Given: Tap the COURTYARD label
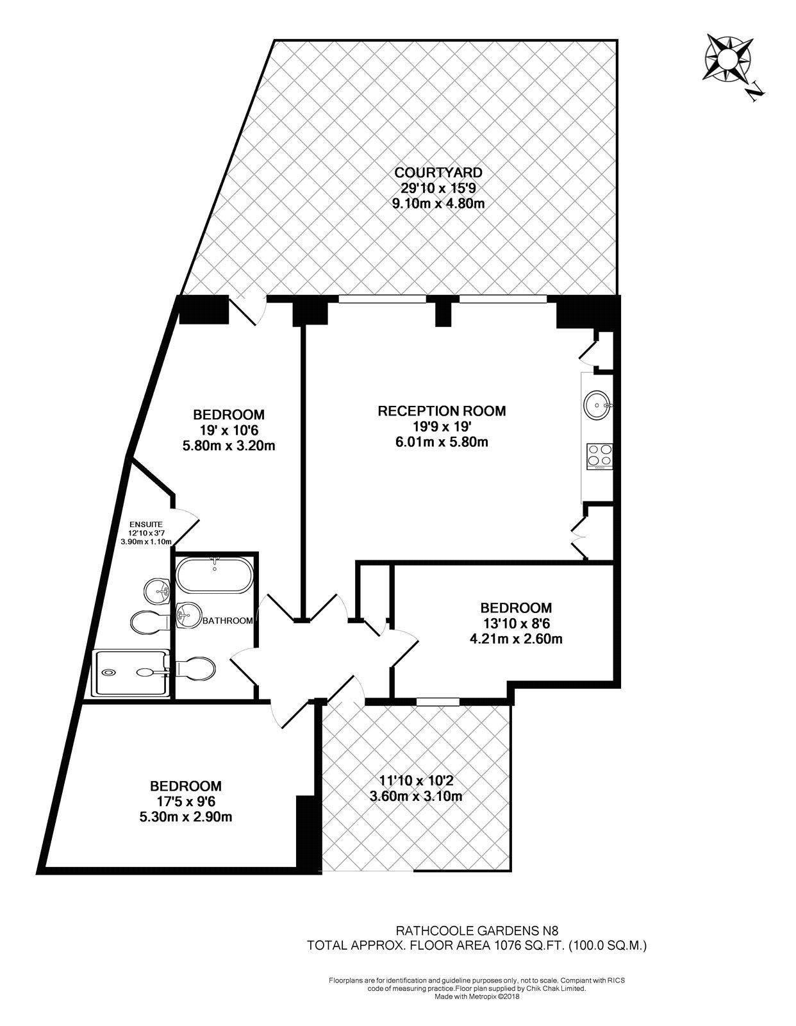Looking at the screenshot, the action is [438, 172].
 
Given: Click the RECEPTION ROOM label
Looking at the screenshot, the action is [442, 411].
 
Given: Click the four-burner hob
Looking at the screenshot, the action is [599, 455].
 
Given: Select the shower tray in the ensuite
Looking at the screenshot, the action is [131, 673].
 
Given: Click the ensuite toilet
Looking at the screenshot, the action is [149, 621].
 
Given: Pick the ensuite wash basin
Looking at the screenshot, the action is [157, 591].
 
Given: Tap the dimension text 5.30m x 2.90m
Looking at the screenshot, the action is [186, 818].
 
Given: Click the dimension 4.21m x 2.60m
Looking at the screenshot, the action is [516, 639].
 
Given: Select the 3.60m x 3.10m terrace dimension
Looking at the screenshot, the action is [417, 797].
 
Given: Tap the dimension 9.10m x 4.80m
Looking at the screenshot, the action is [438, 205].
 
